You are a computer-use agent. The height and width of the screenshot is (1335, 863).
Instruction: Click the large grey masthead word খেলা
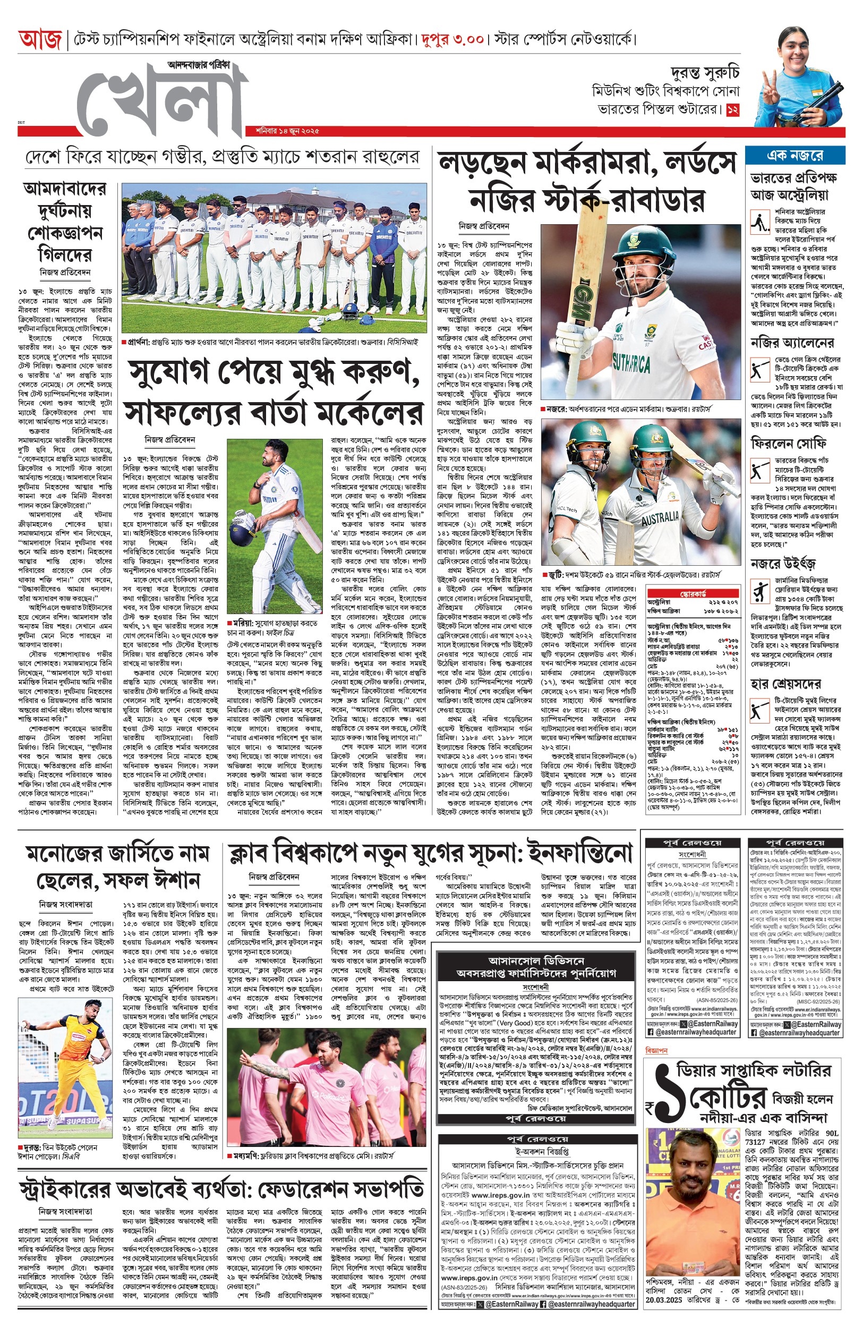click(x=163, y=101)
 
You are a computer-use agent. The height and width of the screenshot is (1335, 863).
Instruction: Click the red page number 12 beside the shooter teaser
click(x=732, y=110)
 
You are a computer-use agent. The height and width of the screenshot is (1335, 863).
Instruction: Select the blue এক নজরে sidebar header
click(x=794, y=155)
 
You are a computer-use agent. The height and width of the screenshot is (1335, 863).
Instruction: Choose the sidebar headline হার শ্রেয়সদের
click(x=785, y=684)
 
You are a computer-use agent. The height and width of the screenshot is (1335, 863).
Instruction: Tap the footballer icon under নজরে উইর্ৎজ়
click(x=760, y=592)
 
